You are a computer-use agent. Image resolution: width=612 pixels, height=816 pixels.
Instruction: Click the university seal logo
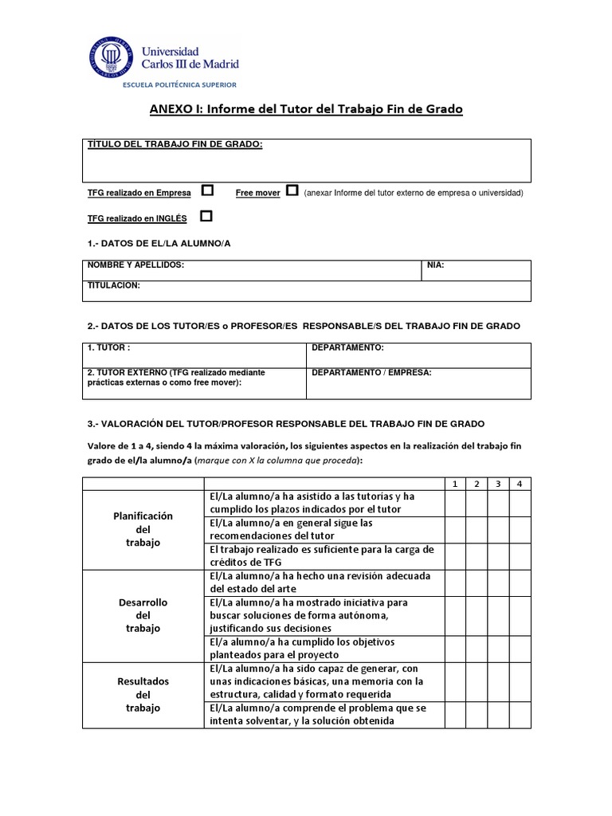[112, 57]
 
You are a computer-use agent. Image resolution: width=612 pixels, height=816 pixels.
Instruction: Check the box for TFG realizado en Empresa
[207, 190]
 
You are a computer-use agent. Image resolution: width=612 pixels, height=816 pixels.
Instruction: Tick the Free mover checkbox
[292, 190]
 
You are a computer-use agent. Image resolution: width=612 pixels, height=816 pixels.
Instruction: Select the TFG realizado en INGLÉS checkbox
[206, 216]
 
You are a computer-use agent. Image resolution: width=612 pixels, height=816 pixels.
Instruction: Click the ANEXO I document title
[306, 108]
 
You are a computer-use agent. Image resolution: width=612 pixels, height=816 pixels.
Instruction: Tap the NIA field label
[436, 265]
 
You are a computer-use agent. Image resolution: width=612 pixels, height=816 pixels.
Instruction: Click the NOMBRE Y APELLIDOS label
[135, 265]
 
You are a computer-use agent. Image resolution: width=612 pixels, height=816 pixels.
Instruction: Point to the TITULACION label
[114, 284]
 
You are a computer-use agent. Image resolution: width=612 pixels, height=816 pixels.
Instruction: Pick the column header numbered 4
[520, 484]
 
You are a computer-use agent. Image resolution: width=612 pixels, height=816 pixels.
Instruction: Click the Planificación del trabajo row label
[143, 529]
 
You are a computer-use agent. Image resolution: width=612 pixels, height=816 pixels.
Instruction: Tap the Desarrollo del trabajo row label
[143, 615]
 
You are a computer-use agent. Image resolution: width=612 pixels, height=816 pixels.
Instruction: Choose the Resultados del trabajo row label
[143, 694]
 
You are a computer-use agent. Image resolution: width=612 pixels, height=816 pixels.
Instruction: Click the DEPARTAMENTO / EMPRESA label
[371, 372]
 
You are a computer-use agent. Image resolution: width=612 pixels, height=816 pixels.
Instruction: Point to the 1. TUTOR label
[108, 348]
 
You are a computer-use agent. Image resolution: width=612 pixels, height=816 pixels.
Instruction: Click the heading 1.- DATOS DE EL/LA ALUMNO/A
[159, 242]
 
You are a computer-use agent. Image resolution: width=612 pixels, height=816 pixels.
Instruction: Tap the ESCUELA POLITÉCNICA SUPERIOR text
[178, 84]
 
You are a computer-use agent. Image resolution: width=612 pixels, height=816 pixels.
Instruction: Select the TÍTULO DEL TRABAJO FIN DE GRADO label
[175, 144]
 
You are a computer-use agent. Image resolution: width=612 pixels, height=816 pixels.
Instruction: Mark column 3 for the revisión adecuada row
[498, 583]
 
